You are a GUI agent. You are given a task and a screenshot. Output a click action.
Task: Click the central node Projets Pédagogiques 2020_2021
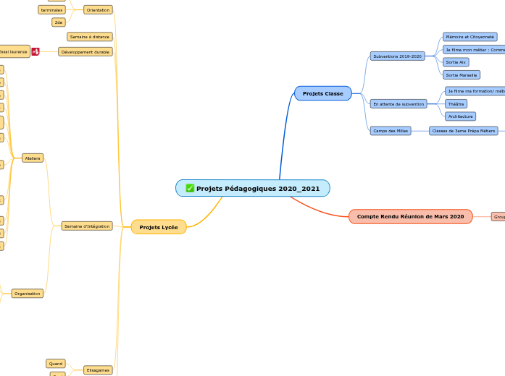(x=253, y=189)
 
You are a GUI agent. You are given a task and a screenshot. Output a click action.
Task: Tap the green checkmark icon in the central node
(x=190, y=189)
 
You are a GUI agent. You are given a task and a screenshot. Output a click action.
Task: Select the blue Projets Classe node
(x=322, y=93)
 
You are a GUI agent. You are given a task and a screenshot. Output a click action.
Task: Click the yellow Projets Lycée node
(x=159, y=227)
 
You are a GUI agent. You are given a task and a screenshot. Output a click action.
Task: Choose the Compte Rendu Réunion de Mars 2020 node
(x=410, y=216)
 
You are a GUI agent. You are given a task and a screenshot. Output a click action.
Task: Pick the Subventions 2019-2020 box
(x=397, y=56)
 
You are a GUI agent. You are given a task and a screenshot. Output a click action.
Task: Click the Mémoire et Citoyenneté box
(x=470, y=37)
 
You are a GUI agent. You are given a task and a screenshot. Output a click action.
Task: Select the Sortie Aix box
(x=456, y=62)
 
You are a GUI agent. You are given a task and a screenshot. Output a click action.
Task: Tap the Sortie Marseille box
(x=462, y=74)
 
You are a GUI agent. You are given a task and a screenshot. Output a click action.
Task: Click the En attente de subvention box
(x=398, y=104)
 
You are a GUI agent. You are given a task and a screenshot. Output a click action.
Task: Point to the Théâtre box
(x=456, y=104)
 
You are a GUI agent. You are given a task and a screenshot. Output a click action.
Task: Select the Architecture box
(x=460, y=116)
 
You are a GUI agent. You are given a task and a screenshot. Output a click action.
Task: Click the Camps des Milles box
(x=391, y=131)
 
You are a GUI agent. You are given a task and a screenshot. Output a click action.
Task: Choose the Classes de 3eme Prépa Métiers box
(x=463, y=131)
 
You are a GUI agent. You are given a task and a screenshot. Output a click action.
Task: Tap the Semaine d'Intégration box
(x=87, y=226)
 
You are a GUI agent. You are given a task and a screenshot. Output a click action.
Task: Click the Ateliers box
(x=33, y=158)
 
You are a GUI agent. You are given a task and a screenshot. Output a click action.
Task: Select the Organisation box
(x=28, y=294)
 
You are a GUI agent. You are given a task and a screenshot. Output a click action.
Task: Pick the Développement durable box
(x=85, y=52)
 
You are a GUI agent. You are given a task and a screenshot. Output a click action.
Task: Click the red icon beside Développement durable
(x=36, y=51)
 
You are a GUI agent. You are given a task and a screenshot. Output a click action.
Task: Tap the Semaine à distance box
(x=90, y=36)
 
